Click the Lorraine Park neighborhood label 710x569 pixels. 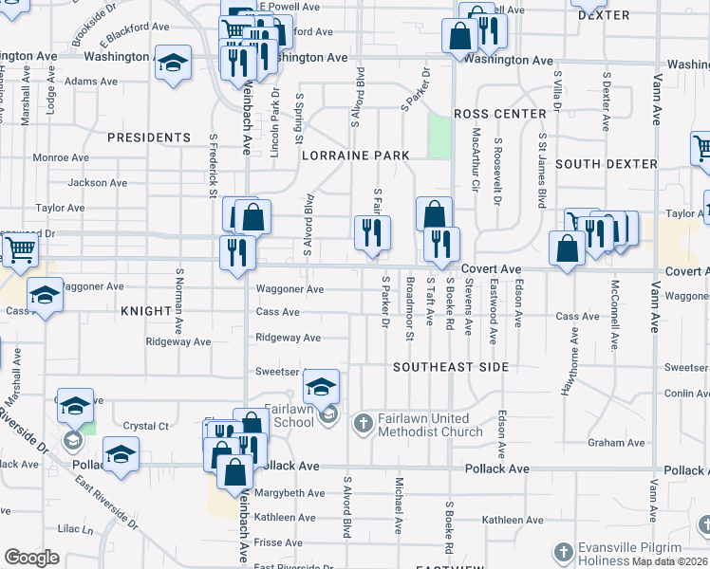(356, 156)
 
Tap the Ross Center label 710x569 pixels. (493, 113)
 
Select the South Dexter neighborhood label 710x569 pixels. (606, 164)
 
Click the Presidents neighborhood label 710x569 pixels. (149, 138)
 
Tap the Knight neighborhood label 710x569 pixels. (143, 311)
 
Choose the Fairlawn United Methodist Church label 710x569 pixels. (424, 425)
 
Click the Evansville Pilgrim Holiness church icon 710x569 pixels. (564, 551)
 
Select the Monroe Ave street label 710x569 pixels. (62, 157)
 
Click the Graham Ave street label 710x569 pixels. (616, 443)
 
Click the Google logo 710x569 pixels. (31, 558)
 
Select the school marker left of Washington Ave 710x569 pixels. (173, 64)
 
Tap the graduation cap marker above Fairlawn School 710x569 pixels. (322, 386)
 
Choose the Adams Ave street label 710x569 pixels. (91, 82)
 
